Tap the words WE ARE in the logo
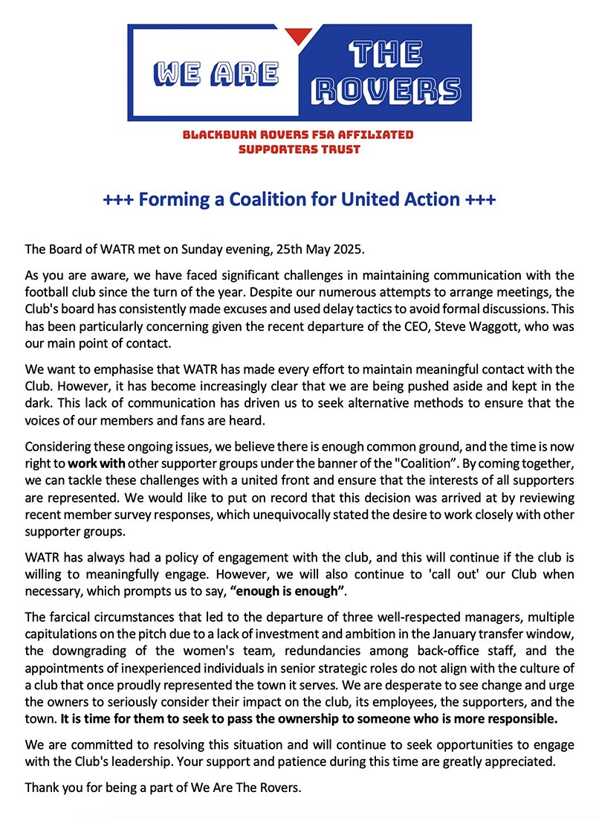pyautogui.click(x=216, y=72)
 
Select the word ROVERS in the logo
pyautogui.click(x=386, y=90)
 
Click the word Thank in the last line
pyautogui.click(x=42, y=787)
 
